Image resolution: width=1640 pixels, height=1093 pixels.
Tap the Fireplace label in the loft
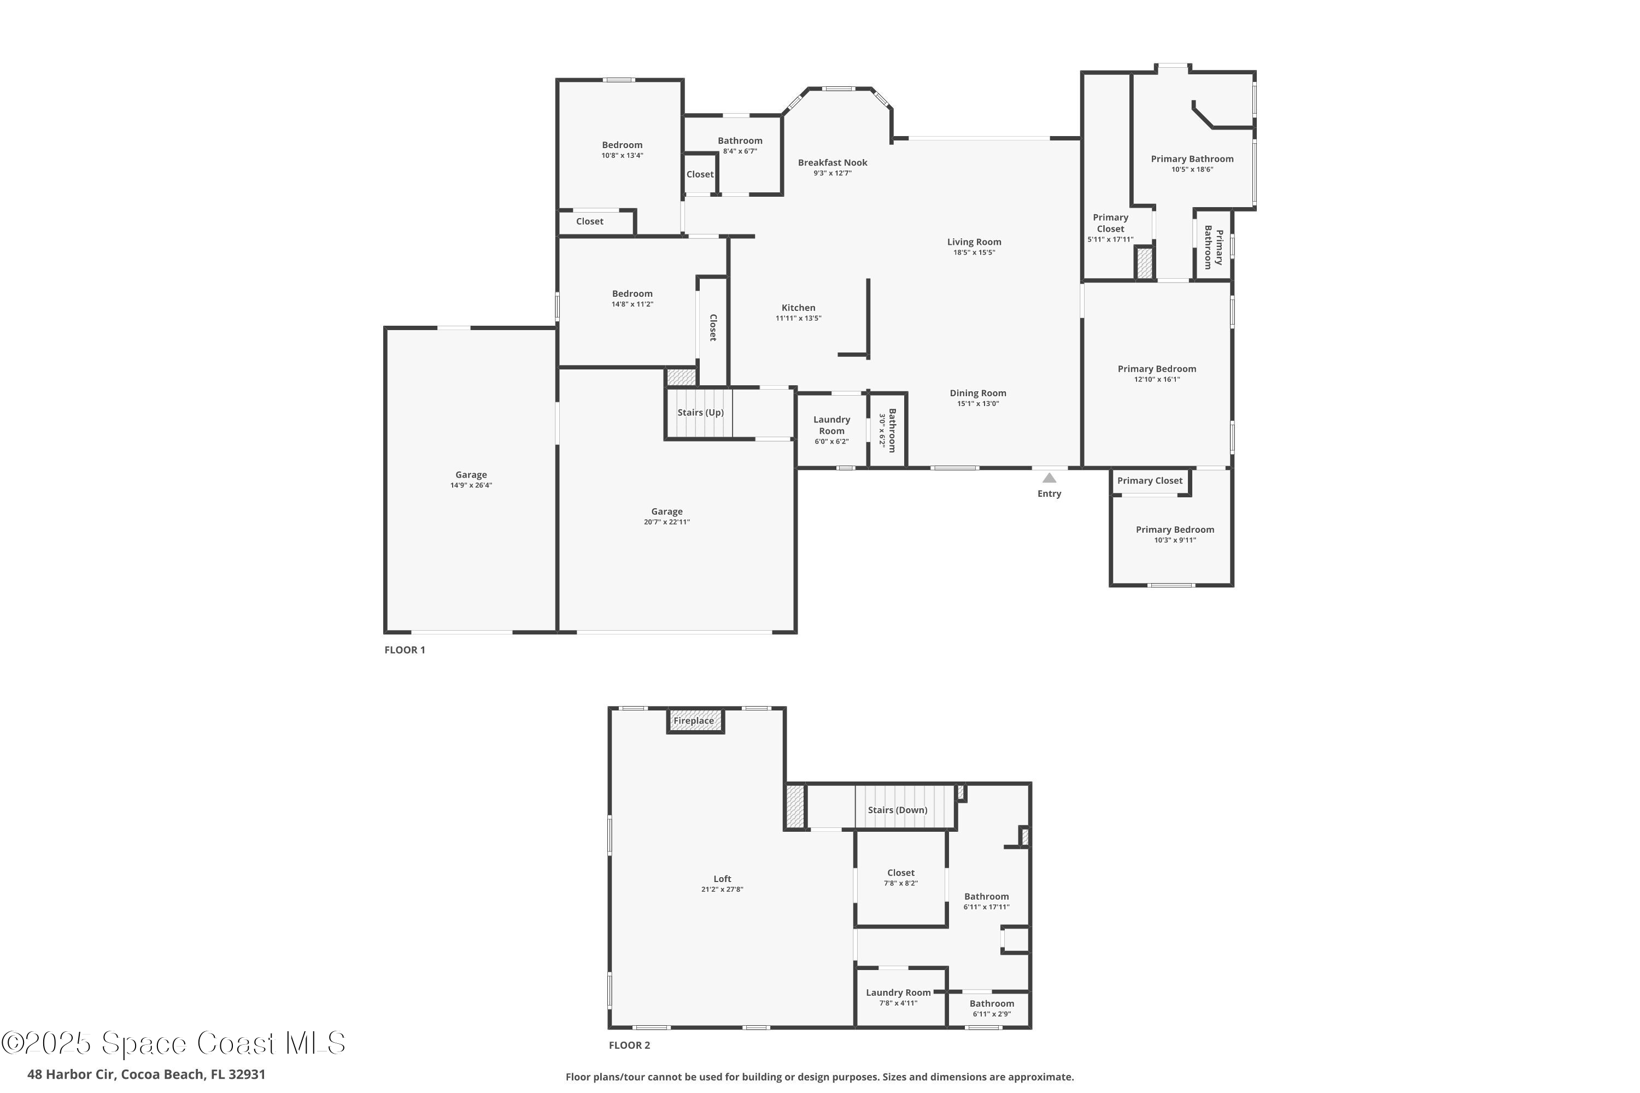[693, 721]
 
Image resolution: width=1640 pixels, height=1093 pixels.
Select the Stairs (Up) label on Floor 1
[700, 413]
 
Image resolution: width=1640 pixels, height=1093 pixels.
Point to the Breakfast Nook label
[833, 162]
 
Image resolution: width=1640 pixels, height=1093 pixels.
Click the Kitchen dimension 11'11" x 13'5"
[798, 319]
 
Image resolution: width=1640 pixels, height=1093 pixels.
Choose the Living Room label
[974, 242]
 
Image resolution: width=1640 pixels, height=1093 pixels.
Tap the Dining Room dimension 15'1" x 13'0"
[977, 404]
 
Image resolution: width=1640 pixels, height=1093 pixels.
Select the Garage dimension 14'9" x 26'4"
[471, 486]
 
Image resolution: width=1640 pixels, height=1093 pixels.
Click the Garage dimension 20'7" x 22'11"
[666, 522]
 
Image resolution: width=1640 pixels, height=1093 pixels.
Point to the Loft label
[722, 879]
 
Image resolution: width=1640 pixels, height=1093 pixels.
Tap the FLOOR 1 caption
[405, 650]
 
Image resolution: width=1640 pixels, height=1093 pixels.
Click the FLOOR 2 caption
[629, 1045]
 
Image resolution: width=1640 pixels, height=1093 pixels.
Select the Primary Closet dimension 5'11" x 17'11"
[1110, 240]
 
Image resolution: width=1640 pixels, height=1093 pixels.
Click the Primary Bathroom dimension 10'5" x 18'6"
[1192, 169]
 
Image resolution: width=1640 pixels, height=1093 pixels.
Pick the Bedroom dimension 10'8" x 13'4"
[622, 155]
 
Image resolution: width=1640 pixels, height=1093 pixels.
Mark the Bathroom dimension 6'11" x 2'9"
[992, 1014]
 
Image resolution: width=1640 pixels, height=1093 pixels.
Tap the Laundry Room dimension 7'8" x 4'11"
[898, 1003]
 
